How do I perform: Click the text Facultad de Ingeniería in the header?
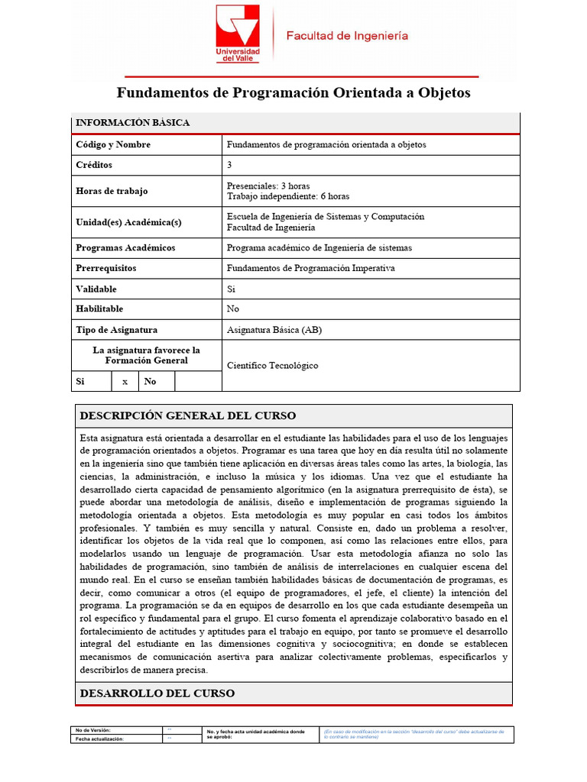[x=346, y=36]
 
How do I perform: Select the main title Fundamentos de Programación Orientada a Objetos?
[x=293, y=93]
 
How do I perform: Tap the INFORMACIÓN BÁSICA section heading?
[x=133, y=123]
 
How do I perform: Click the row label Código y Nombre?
[x=113, y=144]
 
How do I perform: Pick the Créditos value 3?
[x=230, y=165]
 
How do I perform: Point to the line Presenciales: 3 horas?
[x=268, y=186]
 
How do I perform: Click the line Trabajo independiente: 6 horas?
[x=288, y=196]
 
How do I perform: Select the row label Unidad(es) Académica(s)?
[x=128, y=222]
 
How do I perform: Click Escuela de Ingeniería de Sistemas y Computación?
[x=326, y=217]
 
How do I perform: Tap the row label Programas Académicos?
[x=125, y=247]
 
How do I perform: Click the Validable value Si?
[x=232, y=289]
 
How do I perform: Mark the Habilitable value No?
[x=233, y=309]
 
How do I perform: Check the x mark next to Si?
[x=125, y=381]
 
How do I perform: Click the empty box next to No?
[x=198, y=381]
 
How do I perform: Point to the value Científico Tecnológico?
[x=273, y=366]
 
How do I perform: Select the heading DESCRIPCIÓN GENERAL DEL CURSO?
[x=188, y=416]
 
